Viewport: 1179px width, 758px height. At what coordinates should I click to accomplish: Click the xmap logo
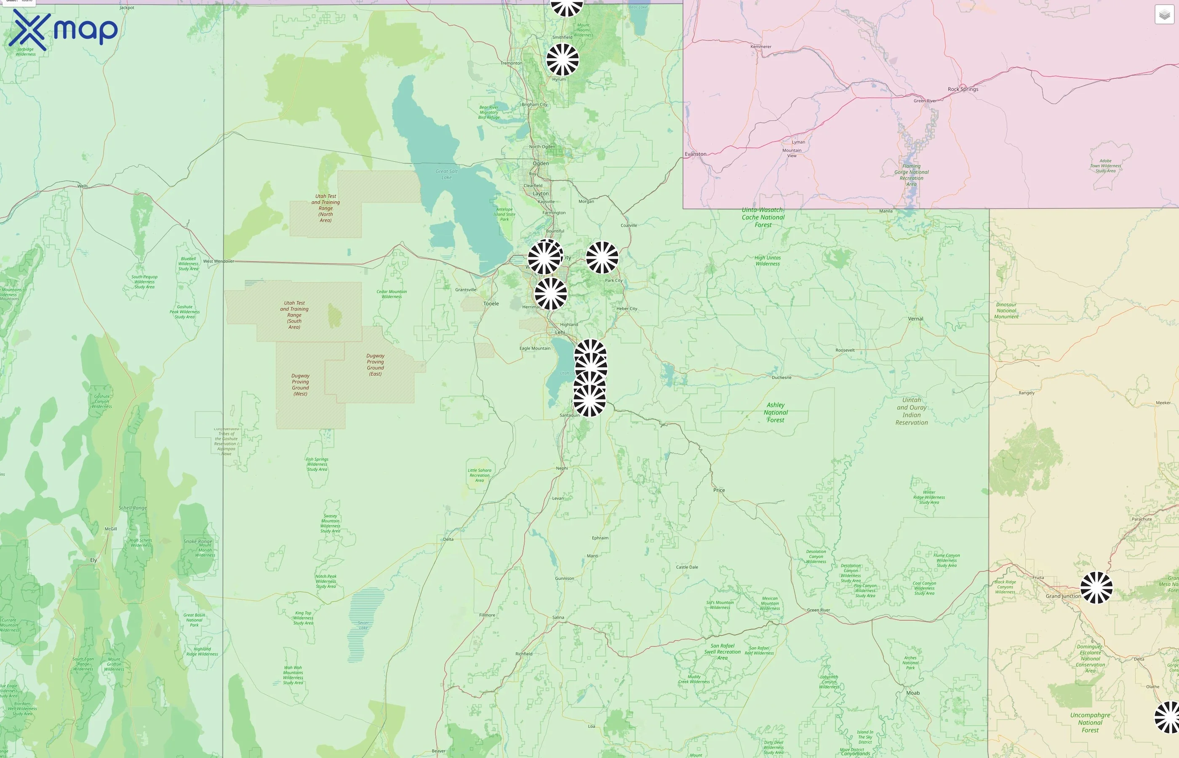(x=63, y=30)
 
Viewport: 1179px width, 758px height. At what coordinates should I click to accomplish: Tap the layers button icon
(x=1164, y=15)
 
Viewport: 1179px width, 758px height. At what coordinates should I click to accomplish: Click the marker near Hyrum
(x=563, y=59)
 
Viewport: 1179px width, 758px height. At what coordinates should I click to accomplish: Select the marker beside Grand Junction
(x=1096, y=587)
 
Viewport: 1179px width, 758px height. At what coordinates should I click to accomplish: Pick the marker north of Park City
(x=602, y=257)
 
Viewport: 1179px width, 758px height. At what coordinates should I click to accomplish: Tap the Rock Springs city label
(x=963, y=89)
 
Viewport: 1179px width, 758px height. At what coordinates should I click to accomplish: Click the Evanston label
(x=695, y=154)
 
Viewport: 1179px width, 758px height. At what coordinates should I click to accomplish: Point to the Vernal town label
(x=915, y=318)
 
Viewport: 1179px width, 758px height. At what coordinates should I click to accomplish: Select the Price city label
(x=719, y=490)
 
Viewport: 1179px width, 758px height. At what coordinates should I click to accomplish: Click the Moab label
(x=913, y=693)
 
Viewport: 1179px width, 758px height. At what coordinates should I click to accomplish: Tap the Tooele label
(x=491, y=304)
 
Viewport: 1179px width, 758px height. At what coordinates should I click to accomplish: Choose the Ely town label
(x=93, y=560)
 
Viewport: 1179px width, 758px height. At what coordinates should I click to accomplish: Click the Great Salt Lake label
(x=446, y=174)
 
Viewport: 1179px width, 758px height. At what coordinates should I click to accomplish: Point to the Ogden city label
(x=540, y=163)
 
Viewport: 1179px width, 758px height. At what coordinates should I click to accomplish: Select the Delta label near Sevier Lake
(x=448, y=539)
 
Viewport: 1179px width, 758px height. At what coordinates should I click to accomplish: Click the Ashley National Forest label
(x=776, y=412)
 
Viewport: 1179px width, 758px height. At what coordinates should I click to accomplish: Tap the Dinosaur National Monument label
(x=1006, y=311)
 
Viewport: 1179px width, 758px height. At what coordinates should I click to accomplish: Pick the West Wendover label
(x=219, y=262)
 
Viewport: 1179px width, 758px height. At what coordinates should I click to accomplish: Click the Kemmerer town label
(x=761, y=47)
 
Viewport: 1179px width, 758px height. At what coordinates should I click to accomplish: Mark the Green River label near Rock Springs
(x=925, y=101)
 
